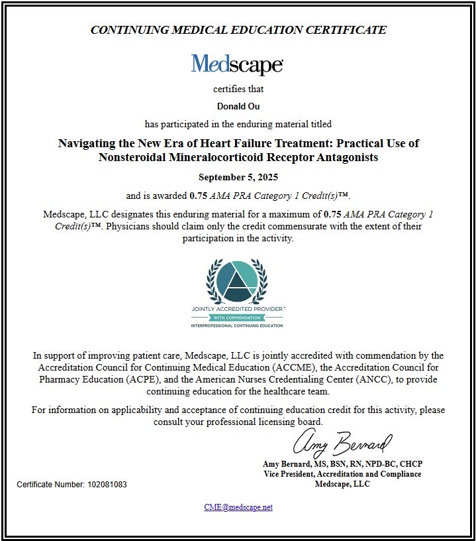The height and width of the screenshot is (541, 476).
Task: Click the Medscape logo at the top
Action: tap(238, 64)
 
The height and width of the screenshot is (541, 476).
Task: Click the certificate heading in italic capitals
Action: tap(238, 30)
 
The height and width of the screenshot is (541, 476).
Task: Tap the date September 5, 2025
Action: tap(238, 178)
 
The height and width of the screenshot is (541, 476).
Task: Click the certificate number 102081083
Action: tap(107, 485)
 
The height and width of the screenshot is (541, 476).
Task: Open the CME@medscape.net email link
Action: tap(238, 507)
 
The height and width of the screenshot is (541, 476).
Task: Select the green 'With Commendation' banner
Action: tap(238, 318)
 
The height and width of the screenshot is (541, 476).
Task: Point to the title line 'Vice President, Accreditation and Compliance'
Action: tap(342, 474)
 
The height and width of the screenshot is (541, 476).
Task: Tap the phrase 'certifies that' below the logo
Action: tap(238, 89)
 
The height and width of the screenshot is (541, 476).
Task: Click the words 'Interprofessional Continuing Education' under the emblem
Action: tap(238, 326)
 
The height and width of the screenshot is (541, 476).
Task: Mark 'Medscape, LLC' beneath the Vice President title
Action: tap(342, 484)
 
